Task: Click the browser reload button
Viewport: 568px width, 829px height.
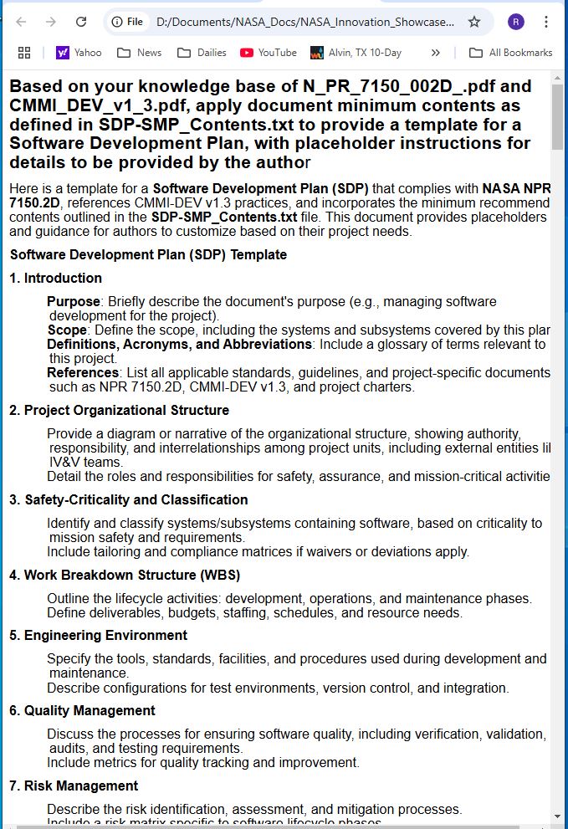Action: [x=81, y=22]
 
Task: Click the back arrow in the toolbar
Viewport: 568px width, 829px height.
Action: [x=22, y=22]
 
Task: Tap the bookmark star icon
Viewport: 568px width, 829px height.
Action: [x=474, y=22]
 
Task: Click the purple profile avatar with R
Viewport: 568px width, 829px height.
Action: [x=516, y=22]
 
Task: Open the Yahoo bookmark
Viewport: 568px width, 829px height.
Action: [x=79, y=53]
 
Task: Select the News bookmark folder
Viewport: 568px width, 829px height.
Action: [x=140, y=53]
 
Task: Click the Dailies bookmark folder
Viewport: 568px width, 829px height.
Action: [x=202, y=53]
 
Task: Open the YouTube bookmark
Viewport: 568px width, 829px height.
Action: [x=269, y=53]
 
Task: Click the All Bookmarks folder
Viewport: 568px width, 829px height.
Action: [x=510, y=53]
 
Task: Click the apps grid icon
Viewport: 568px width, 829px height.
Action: [x=24, y=53]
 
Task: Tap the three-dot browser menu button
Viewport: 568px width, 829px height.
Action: [x=546, y=22]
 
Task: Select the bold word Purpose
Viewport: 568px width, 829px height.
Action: [x=74, y=301]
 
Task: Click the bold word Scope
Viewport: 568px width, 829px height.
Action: [x=67, y=330]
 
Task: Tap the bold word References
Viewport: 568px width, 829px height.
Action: [x=83, y=372]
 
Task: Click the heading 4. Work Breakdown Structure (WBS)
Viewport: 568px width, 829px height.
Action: [x=125, y=575]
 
